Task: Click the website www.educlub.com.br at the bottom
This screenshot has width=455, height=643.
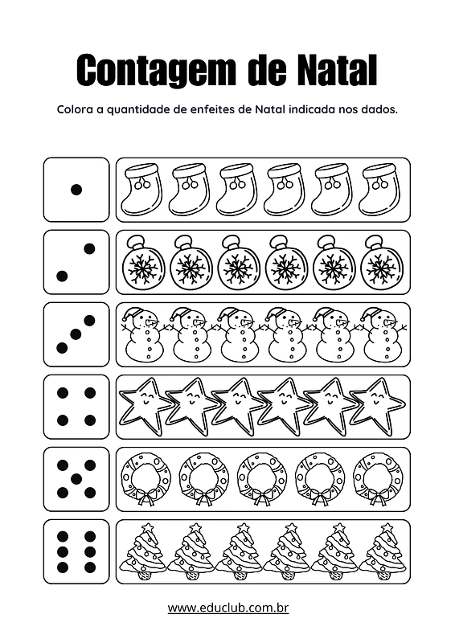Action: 228,608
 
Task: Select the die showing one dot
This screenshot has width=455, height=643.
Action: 76,190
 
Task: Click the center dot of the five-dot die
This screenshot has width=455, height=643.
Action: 76,478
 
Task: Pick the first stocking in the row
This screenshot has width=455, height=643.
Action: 141,190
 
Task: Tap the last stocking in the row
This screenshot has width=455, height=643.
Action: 380,190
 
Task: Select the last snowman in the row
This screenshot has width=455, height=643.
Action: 383,334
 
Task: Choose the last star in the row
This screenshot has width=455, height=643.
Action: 377,406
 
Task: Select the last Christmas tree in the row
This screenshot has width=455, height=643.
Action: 383,551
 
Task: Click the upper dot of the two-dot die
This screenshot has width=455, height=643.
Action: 89,248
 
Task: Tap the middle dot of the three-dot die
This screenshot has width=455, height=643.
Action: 76,334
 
